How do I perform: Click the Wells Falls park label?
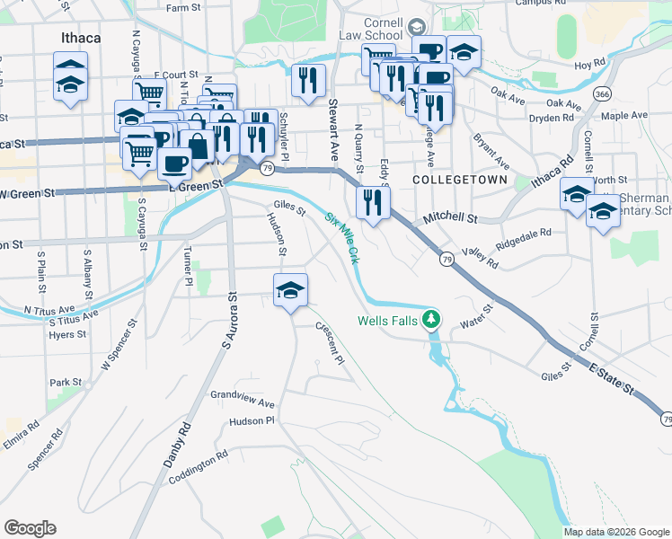[389, 320]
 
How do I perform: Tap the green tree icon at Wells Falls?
[432, 319]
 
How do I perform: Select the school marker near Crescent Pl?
[290, 290]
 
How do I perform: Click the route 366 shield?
[603, 93]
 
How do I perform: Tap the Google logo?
[30, 528]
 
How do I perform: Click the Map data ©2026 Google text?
[617, 532]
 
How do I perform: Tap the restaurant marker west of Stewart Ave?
[309, 80]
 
